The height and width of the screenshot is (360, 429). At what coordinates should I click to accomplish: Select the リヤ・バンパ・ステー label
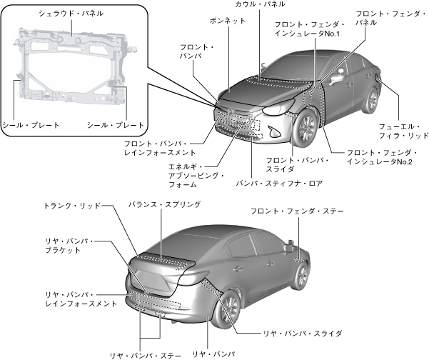[x=145, y=354]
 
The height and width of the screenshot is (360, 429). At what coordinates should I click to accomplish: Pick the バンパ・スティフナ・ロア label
[x=280, y=183]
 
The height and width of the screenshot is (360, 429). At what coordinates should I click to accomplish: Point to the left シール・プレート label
[x=31, y=125]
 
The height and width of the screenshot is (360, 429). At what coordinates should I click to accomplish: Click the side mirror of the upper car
[x=336, y=72]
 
